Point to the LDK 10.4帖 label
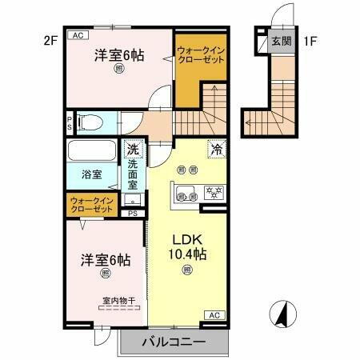click(x=186, y=246)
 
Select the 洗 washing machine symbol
click(x=133, y=150)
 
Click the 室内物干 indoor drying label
click(x=118, y=302)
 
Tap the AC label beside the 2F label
click(x=78, y=36)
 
